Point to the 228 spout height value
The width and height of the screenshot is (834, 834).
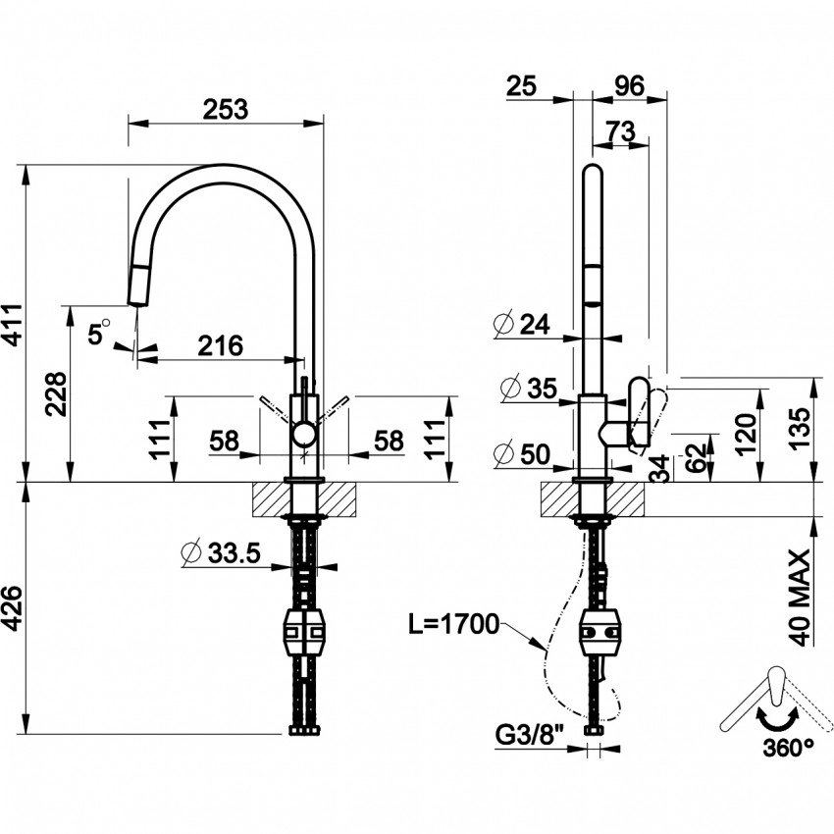[56, 394]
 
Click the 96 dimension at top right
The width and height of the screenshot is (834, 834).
[628, 86]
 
